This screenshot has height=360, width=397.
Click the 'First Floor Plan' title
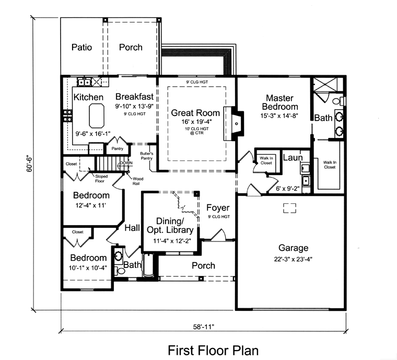(213, 349)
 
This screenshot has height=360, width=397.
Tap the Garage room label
(293, 248)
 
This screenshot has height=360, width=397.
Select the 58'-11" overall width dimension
(204, 327)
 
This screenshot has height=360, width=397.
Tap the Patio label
(81, 48)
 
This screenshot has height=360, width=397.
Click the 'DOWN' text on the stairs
(126, 164)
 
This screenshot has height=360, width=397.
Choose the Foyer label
(218, 208)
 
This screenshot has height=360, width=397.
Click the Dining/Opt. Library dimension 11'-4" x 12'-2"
(172, 241)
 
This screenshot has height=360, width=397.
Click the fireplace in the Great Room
(233, 124)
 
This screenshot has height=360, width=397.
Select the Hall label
(132, 228)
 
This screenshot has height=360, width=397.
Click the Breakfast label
(134, 97)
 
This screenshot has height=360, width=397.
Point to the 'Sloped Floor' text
(101, 179)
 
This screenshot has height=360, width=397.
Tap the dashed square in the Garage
(289, 208)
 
